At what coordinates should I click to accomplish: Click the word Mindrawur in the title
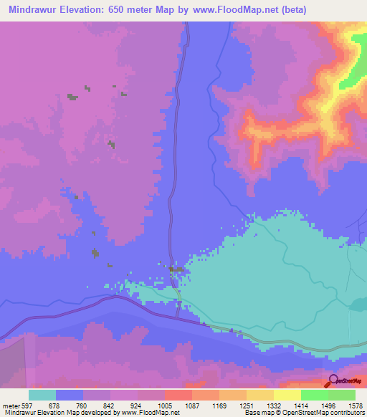pos(35,11)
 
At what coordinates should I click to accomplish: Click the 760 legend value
pos(82,406)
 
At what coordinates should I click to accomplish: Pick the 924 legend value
pos(137,406)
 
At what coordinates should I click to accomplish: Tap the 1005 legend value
pos(164,406)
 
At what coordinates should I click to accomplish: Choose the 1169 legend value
pos(219,406)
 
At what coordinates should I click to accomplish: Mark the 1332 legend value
pos(273,406)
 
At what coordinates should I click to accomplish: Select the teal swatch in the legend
pos(42,395)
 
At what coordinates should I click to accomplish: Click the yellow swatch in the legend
pos(287,395)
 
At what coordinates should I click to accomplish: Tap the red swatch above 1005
pos(178,395)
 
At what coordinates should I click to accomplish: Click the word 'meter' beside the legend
pos(9,406)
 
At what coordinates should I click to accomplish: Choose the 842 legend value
pos(110,406)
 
